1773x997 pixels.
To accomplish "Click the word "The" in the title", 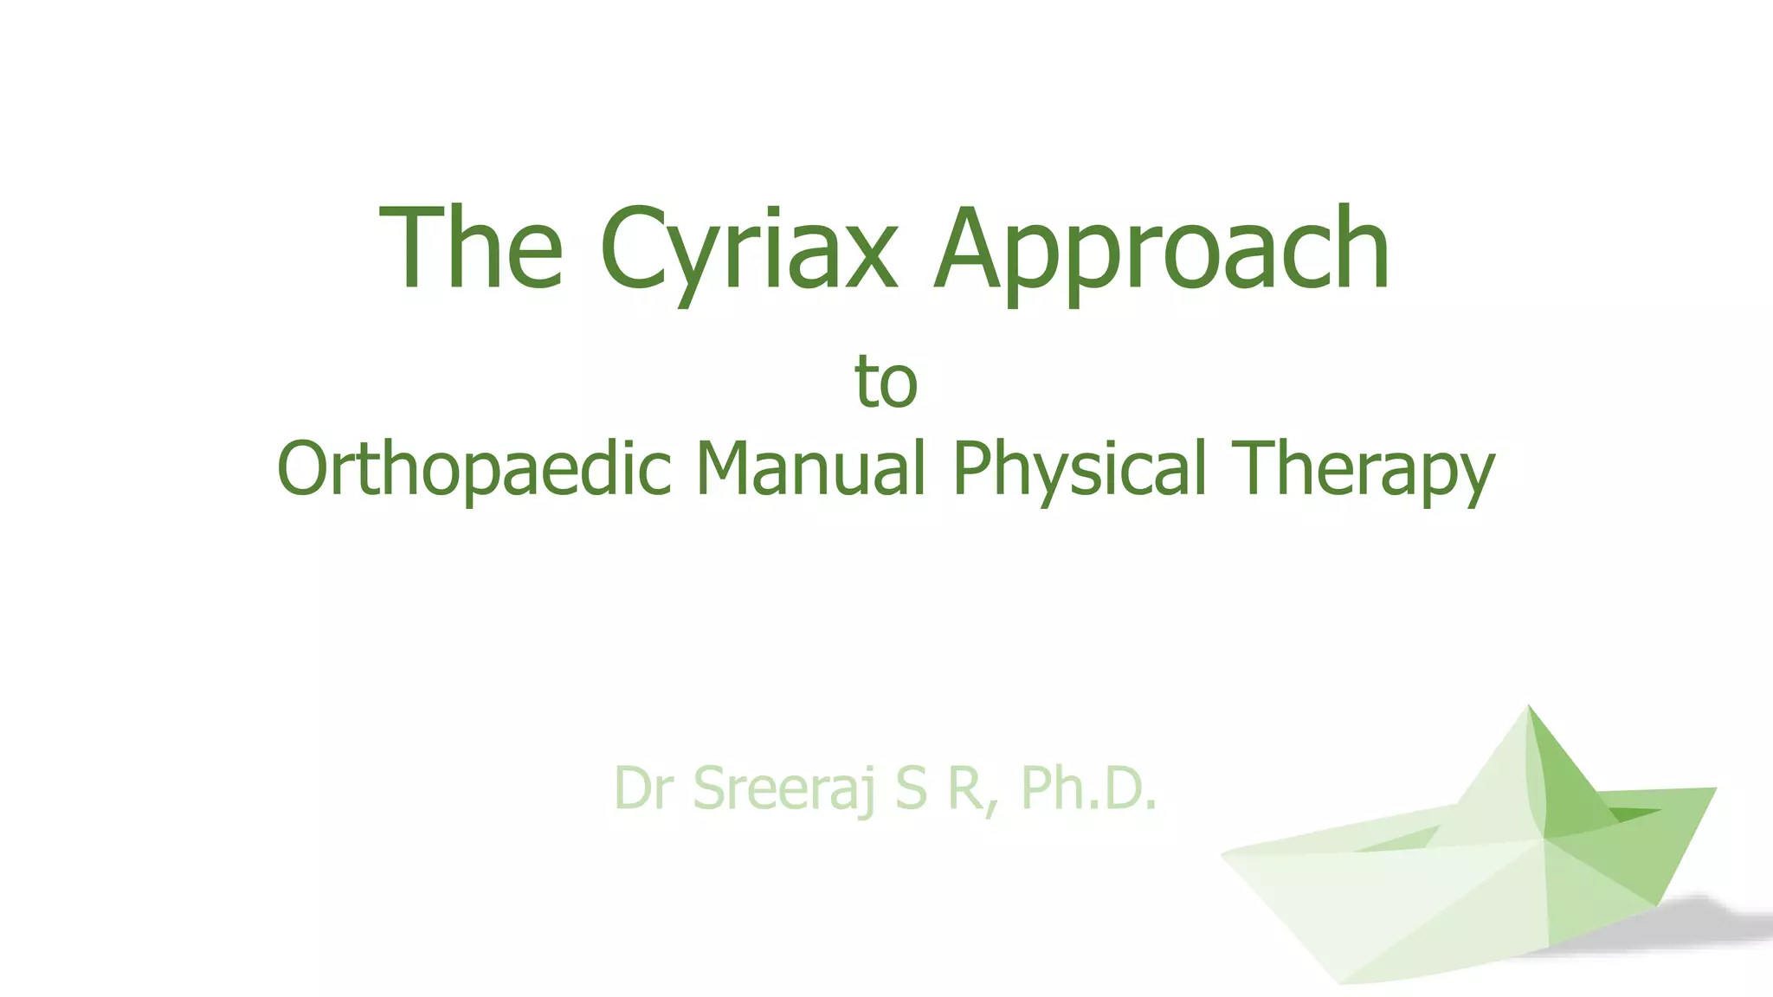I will coord(472,248).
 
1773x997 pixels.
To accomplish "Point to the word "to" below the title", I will coord(886,382).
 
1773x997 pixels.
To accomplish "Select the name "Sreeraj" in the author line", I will coord(784,790).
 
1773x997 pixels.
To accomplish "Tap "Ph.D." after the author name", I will coord(1088,788).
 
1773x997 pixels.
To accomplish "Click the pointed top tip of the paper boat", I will coord(1529,707).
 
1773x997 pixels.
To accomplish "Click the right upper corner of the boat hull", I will coord(1713,789).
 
